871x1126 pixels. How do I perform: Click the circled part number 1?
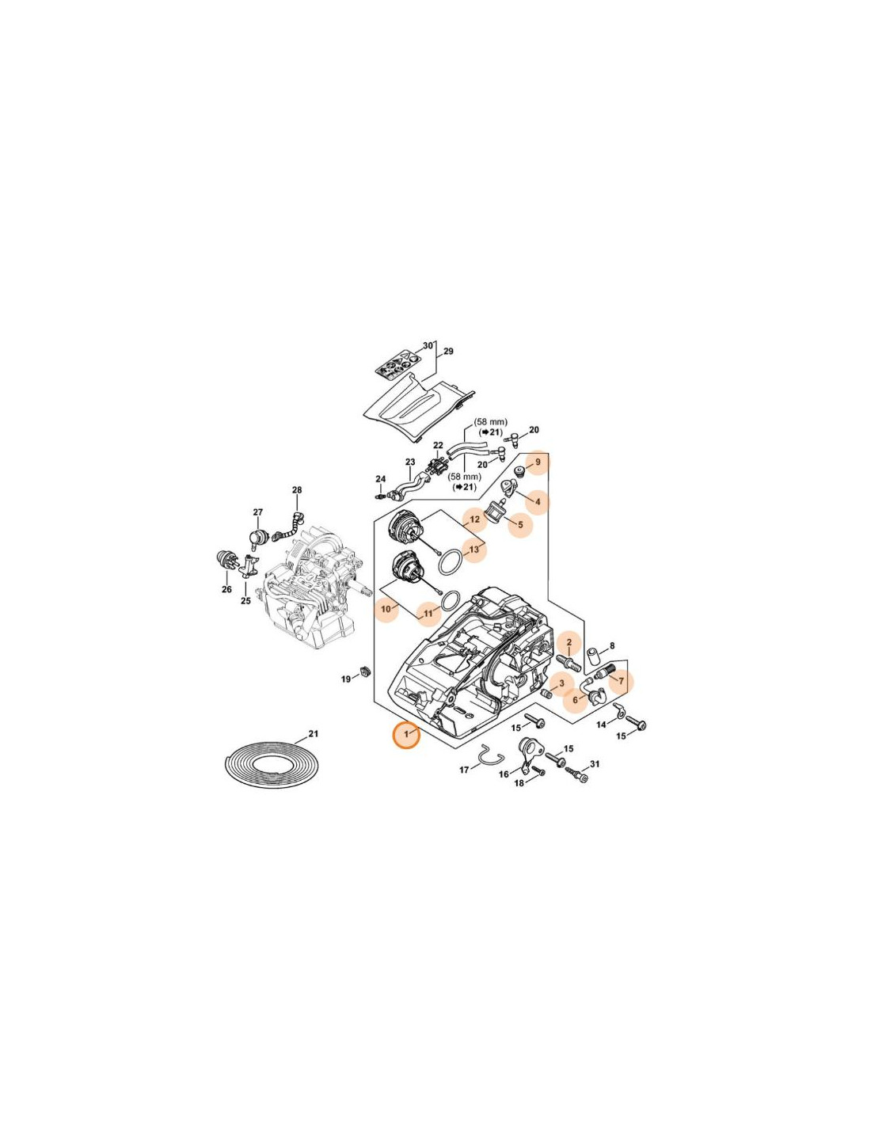pos(407,735)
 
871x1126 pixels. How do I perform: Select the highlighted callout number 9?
pos(538,462)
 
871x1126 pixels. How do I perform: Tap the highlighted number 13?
pos(474,550)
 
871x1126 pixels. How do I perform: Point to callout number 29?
pos(448,352)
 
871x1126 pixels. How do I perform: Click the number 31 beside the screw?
pos(595,764)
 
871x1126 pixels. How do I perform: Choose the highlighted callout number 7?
pos(621,681)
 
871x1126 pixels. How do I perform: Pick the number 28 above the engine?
pos(297,490)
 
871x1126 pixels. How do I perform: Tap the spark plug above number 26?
pos(226,560)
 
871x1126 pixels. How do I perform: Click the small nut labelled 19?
pos(365,672)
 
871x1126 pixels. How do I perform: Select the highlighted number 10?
pos(386,610)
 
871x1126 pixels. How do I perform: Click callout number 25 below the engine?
pos(245,601)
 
